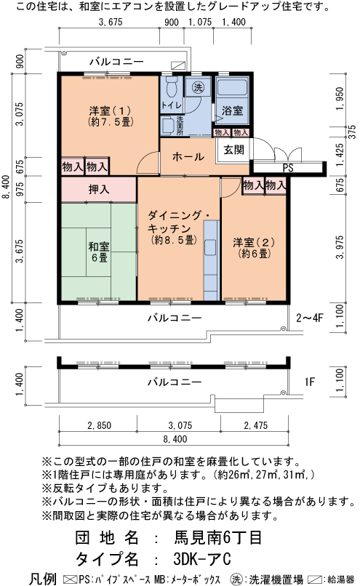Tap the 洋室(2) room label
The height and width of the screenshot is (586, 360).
(x=252, y=247)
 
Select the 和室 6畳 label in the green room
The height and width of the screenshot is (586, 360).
(x=98, y=252)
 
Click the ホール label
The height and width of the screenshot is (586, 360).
(x=187, y=156)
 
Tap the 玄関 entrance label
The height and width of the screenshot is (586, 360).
(x=233, y=150)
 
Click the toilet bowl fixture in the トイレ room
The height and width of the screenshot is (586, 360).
(x=171, y=89)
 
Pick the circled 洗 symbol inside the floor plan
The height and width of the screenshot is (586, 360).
(x=197, y=88)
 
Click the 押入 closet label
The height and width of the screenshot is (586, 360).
(x=99, y=190)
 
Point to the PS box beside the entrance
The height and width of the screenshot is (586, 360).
(x=287, y=167)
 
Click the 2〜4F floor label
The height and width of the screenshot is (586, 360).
(x=309, y=317)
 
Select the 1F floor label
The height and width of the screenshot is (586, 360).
(x=308, y=380)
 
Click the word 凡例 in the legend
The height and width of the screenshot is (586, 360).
(x=42, y=579)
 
